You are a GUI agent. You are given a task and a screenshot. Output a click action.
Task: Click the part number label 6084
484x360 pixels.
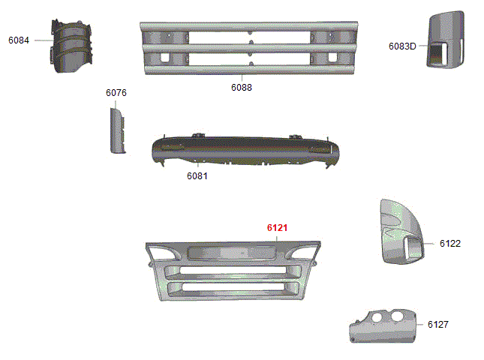pos(19,40)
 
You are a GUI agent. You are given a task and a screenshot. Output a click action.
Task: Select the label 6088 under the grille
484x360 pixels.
pos(242,88)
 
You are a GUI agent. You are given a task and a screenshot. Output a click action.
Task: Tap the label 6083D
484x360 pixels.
pos(402,46)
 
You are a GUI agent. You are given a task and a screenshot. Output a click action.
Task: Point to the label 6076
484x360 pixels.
pos(116,93)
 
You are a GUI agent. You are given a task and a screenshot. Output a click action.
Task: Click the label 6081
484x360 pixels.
pos(197,176)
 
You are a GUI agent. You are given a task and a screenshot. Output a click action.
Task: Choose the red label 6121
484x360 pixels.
pos(277,228)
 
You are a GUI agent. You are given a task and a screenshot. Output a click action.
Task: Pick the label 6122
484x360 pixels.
pos(450,244)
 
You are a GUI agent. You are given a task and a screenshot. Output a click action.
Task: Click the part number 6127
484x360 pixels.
pos(438,325)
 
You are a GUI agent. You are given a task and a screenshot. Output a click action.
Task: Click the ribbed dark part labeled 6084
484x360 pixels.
pos(71,46)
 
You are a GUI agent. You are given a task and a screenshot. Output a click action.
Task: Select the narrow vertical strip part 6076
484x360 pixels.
pos(117,130)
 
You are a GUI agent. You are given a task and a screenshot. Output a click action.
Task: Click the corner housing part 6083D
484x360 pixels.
pos(446,40)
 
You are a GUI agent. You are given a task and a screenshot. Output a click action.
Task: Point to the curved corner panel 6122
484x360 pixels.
pos(401,231)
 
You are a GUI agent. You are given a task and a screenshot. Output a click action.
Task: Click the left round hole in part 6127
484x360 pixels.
pos(377,316)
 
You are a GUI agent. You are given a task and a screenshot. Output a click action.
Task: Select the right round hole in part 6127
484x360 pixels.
pos(397,316)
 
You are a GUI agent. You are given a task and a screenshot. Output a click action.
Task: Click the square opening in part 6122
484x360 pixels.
pos(413,247)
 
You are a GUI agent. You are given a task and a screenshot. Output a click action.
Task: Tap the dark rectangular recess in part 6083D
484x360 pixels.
pos(436,55)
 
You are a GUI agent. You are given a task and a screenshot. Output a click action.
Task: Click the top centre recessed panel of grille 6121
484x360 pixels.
pos(232,253)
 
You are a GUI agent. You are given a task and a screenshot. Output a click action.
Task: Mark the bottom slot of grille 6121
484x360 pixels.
pos(233,287)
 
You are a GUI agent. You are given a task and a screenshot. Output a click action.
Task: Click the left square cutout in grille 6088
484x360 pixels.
pos(165,58)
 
